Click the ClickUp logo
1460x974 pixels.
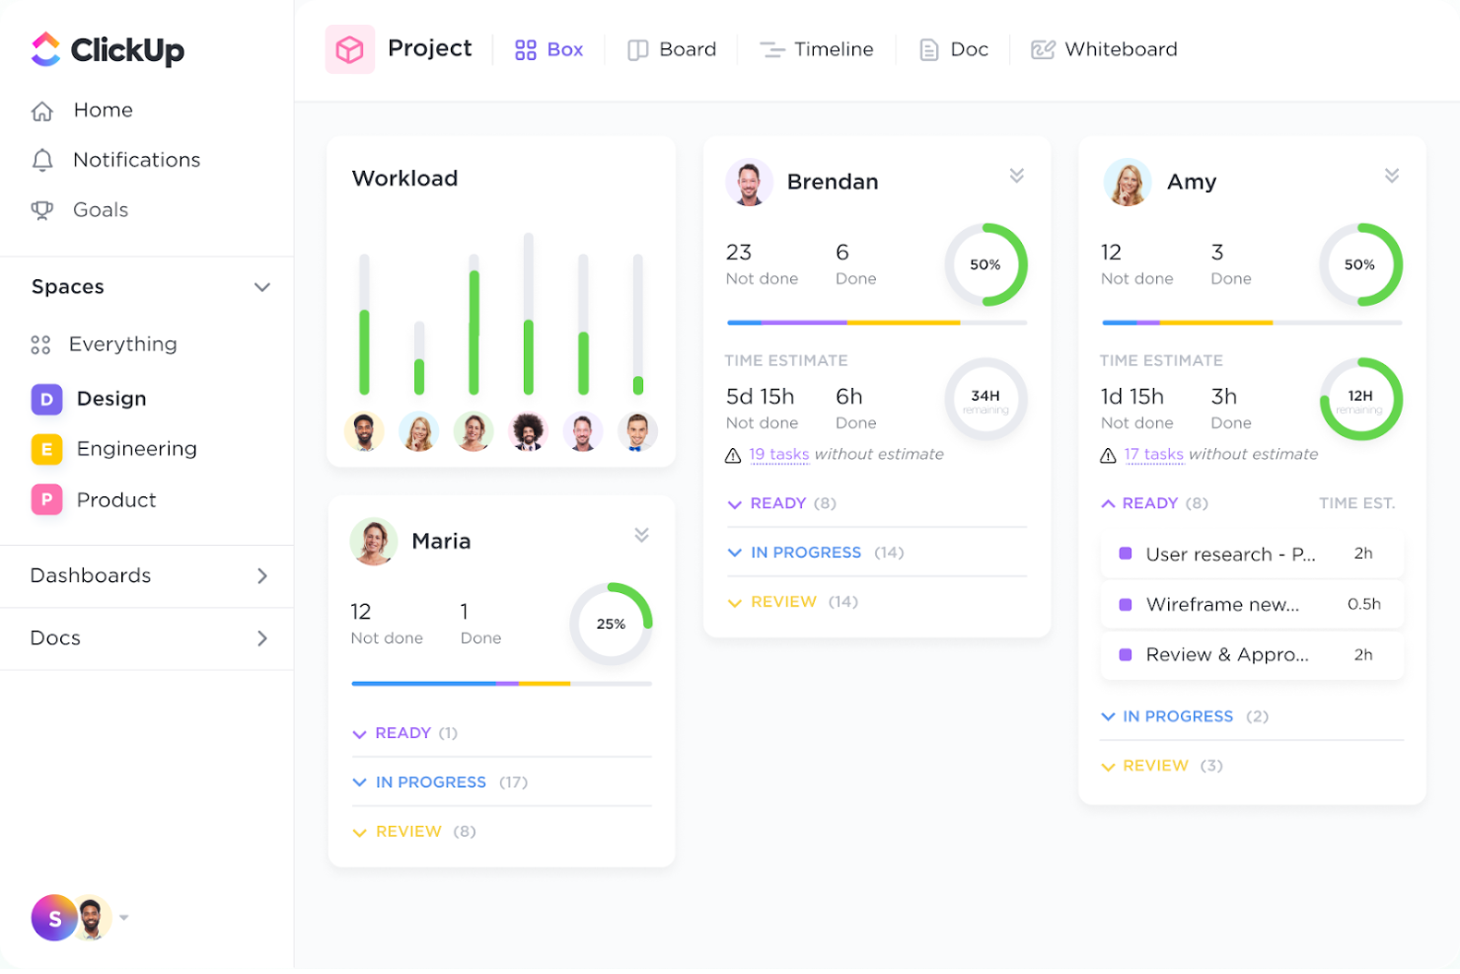(x=107, y=49)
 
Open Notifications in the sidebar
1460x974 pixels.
(x=136, y=160)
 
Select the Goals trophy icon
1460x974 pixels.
(x=42, y=210)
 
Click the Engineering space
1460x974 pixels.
(x=136, y=449)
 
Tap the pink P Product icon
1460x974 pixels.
(x=46, y=499)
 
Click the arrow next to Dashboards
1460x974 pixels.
(x=262, y=575)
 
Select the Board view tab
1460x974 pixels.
(x=673, y=49)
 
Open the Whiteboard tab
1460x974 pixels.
(x=1105, y=49)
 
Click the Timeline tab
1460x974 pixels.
(x=817, y=49)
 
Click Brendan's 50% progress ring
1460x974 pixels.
(x=985, y=264)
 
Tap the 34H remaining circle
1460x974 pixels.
(x=985, y=400)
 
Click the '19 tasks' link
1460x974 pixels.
(x=778, y=454)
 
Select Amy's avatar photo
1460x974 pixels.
(x=1128, y=183)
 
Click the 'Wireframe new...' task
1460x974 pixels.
(x=1221, y=604)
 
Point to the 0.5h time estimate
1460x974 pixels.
(x=1363, y=604)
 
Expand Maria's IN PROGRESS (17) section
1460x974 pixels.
(x=430, y=782)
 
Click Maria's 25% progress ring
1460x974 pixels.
(x=611, y=624)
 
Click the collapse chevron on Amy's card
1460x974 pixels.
(x=1391, y=176)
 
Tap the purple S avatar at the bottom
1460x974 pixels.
(x=55, y=918)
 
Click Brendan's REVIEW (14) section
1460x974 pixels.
(x=783, y=602)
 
